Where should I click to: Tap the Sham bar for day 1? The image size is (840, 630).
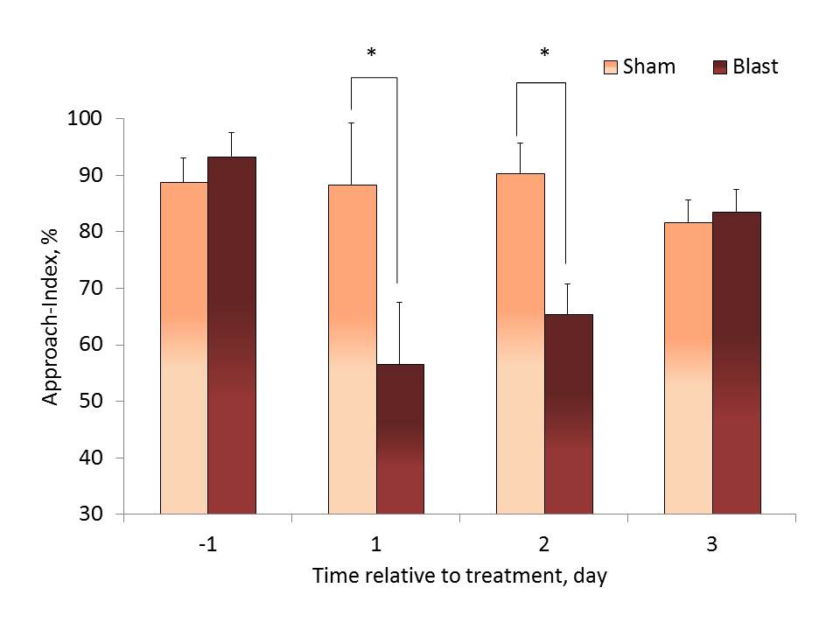tap(352, 349)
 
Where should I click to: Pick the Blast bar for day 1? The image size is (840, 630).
tap(400, 438)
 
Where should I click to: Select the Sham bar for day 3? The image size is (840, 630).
tap(688, 367)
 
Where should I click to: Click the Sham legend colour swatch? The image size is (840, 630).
tap(612, 67)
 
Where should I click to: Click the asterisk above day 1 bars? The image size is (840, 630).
tap(371, 54)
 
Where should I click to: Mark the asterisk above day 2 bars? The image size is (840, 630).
tap(544, 54)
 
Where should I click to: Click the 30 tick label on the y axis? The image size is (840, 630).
tap(92, 514)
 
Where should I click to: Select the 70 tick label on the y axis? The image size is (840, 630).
tap(92, 288)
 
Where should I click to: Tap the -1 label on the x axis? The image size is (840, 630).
tap(207, 545)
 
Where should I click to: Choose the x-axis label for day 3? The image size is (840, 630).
tap(712, 545)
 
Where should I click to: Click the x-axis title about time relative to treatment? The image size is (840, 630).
tap(460, 577)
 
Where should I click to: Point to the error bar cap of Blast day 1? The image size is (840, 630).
tap(400, 302)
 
